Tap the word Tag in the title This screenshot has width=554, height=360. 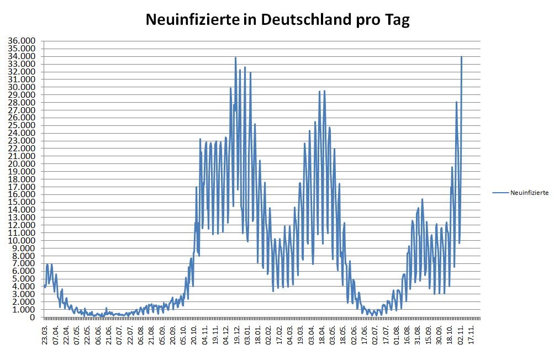tap(397, 20)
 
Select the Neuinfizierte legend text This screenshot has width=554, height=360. tap(529, 193)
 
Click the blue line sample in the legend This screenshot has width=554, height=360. tap(500, 193)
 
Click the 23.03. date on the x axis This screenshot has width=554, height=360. tap(45, 335)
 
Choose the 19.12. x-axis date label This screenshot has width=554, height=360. tap(237, 335)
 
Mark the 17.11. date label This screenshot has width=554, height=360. tap(471, 335)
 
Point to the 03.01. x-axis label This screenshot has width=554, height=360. tap(247, 335)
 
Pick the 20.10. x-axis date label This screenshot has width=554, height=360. tap(194, 335)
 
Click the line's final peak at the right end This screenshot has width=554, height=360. tap(461, 57)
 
